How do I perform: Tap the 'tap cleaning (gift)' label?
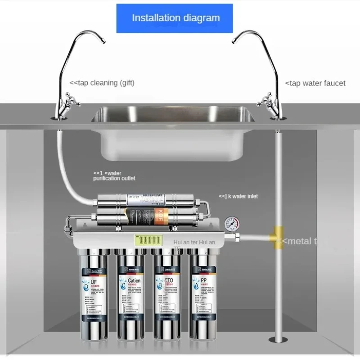point(102,83)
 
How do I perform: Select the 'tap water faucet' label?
point(315,83)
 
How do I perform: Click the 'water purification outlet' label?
point(114,175)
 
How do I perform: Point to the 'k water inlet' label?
point(238,196)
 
